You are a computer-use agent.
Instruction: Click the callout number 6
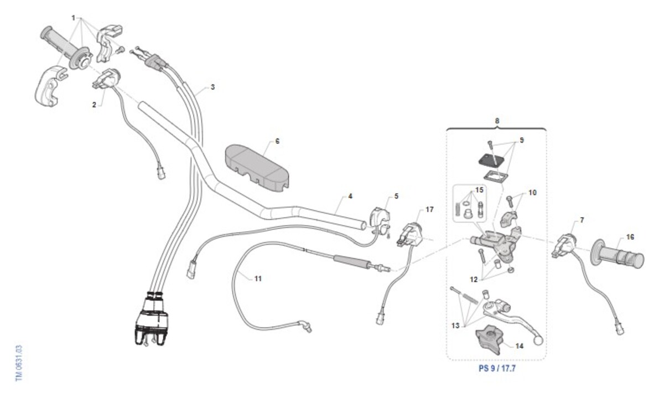[277, 141]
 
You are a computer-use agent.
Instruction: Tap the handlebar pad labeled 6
[257, 168]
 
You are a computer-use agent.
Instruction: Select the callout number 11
[258, 278]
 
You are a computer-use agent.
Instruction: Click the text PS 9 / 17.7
[497, 368]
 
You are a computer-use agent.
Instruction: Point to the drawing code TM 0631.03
[19, 363]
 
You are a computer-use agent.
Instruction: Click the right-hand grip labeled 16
[617, 256]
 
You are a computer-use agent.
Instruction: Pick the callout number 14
[520, 346]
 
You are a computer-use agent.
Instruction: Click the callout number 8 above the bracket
[497, 121]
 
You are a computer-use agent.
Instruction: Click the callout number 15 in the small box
[479, 190]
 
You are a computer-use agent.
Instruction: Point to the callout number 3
[212, 87]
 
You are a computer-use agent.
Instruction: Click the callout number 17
[429, 210]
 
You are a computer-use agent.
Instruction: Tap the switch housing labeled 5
[380, 221]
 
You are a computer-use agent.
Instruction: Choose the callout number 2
[94, 105]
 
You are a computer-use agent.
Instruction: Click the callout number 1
[74, 18]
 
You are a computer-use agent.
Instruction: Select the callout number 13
[455, 326]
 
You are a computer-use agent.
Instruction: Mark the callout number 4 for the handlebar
[350, 197]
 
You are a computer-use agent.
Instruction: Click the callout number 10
[532, 193]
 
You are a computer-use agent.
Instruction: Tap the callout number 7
[582, 220]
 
